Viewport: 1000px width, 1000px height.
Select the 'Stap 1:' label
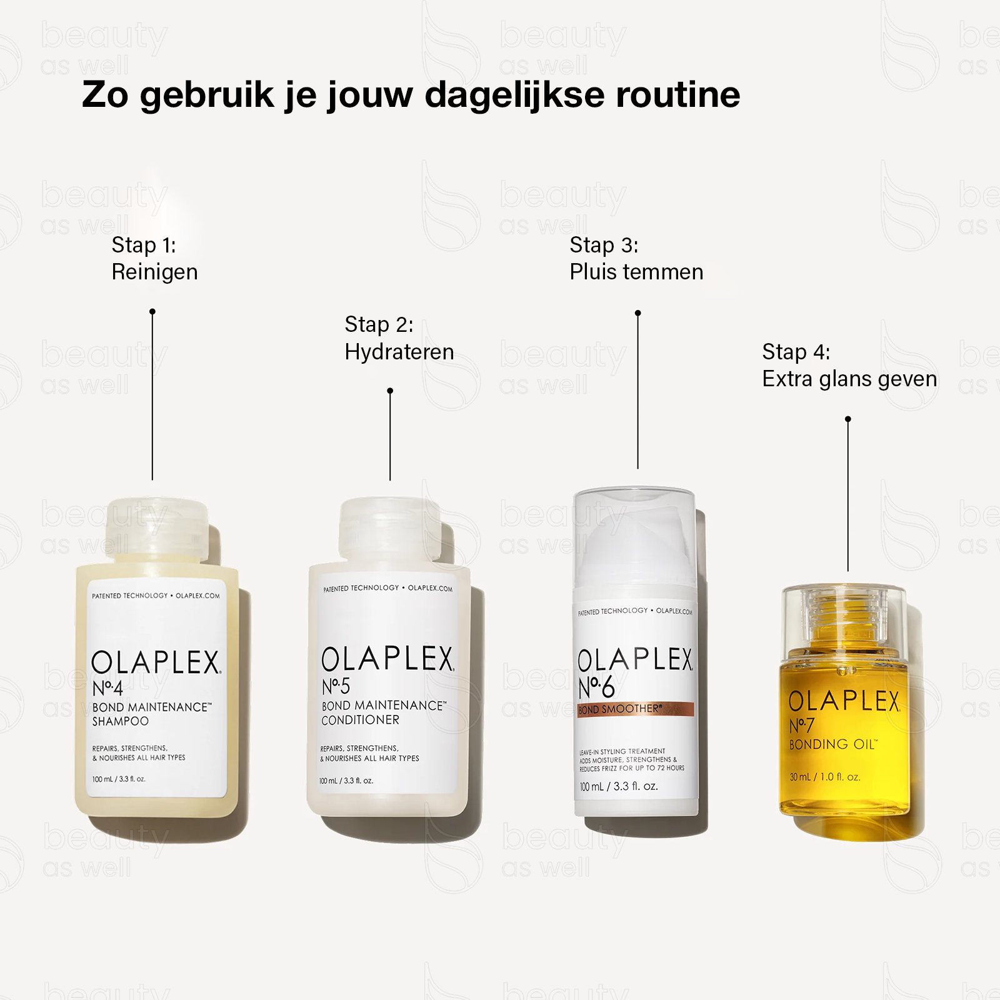[x=144, y=246]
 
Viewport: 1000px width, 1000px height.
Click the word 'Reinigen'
[x=154, y=272]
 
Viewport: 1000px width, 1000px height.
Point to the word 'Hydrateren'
[x=399, y=352]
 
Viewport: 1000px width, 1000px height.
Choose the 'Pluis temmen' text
[x=636, y=272]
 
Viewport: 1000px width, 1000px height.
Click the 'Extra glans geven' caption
[x=849, y=379]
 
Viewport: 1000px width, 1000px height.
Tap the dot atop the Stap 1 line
[x=152, y=311]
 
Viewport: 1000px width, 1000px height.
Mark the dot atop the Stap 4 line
[x=848, y=419]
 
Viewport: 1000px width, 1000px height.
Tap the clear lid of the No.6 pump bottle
[x=634, y=537]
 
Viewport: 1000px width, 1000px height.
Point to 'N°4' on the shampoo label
[x=107, y=689]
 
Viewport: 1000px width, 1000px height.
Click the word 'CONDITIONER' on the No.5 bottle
[x=360, y=720]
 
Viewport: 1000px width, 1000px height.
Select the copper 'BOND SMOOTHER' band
[x=636, y=709]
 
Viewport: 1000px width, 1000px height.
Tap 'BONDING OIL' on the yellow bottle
[x=833, y=744]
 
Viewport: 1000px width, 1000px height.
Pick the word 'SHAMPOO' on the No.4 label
[x=121, y=721]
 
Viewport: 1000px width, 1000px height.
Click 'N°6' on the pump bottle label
[x=597, y=687]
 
